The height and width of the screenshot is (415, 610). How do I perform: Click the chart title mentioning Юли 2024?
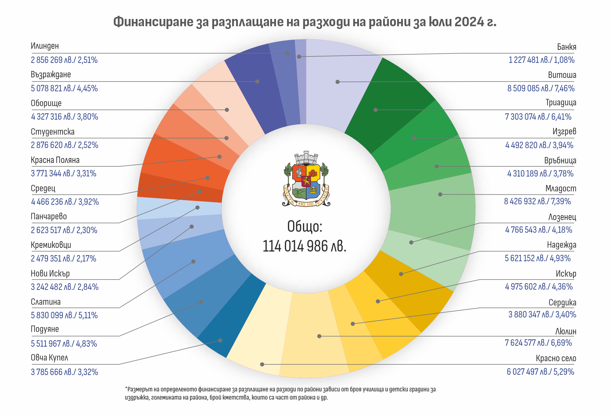tap(305, 22)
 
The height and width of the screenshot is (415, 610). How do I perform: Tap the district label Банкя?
tap(566, 47)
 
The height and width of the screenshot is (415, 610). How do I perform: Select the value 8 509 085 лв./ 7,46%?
tap(541, 88)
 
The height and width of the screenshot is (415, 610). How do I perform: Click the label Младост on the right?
tap(561, 189)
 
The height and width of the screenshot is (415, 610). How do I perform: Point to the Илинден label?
tap(45, 46)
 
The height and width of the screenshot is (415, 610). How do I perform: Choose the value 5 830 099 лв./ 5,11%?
tap(64, 315)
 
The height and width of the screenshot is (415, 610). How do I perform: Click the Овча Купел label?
tap(49, 358)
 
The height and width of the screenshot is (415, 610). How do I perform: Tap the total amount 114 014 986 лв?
tap(304, 246)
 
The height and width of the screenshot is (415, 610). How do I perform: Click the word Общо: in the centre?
tap(305, 226)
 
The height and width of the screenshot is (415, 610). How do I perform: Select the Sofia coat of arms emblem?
tap(306, 179)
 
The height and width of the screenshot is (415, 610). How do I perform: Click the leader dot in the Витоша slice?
tap(337, 82)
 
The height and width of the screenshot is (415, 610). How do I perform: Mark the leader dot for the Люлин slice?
tap(319, 336)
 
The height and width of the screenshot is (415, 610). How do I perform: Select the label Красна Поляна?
tap(55, 160)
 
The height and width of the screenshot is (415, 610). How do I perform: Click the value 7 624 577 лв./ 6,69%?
tap(538, 343)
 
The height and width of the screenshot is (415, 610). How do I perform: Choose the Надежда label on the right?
tap(562, 245)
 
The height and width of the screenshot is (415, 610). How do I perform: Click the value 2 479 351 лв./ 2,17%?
tap(63, 258)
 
